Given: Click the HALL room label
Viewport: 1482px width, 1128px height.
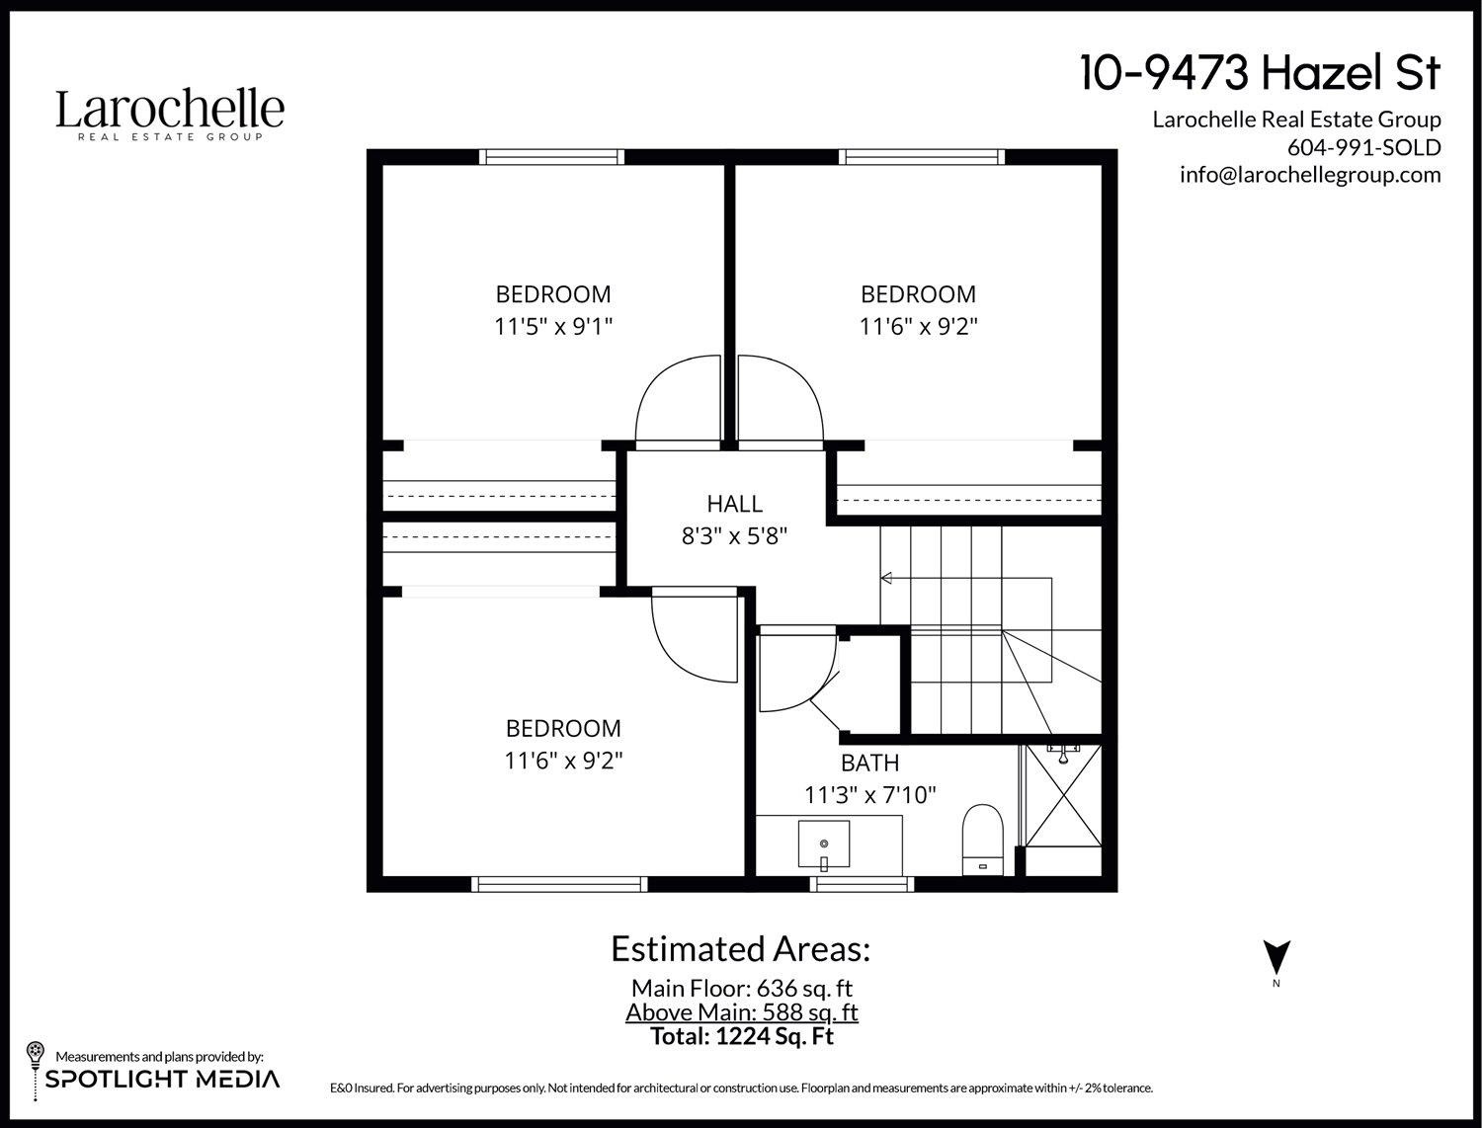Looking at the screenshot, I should pos(734,504).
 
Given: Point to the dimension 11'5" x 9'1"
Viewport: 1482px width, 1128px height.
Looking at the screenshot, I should pos(553,327).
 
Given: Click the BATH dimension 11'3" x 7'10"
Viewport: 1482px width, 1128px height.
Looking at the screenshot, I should pos(869,794).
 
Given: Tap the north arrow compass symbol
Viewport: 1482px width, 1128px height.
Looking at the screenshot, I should pos(1276,956).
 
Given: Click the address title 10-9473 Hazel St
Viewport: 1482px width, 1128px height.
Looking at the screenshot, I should pos(1261,73).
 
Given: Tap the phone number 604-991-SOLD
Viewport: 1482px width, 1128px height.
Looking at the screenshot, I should pos(1363,147).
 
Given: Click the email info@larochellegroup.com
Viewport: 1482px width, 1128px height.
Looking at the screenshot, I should pos(1310,175).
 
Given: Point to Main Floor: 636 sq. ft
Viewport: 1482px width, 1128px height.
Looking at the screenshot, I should pos(741,988).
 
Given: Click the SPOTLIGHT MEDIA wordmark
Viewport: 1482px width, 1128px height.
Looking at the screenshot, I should pos(163,1079).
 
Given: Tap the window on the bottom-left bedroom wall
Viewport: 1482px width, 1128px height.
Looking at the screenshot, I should pos(559,883).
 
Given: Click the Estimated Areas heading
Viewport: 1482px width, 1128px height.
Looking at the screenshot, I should pos(740,948).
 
